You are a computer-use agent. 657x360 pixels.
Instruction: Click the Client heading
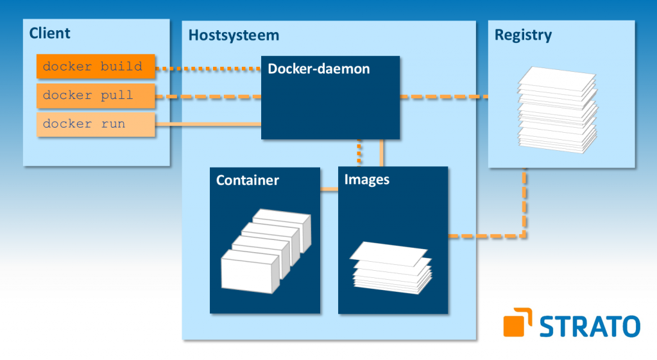pyautogui.click(x=50, y=33)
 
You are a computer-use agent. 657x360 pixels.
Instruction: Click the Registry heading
pyautogui.click(x=523, y=35)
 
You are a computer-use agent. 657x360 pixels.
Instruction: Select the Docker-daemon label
pyautogui.click(x=318, y=69)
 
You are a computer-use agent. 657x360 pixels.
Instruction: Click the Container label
pyautogui.click(x=248, y=180)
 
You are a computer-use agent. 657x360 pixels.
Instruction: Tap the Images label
pyautogui.click(x=367, y=180)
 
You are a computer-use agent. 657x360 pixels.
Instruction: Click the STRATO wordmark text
pyautogui.click(x=590, y=325)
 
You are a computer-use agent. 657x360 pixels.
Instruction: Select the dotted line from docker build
pyautogui.click(x=209, y=67)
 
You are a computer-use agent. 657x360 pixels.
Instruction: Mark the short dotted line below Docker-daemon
pyautogui.click(x=359, y=153)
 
